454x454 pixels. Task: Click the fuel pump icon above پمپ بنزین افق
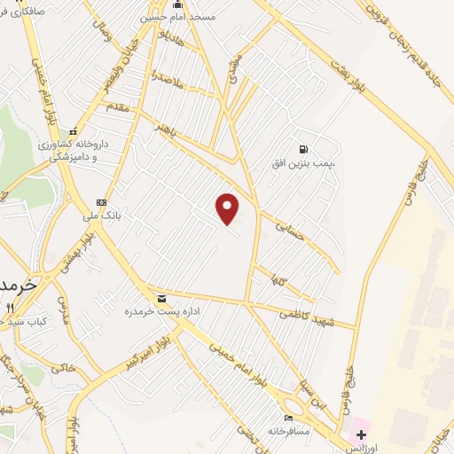click(x=304, y=150)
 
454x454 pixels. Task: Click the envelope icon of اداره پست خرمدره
click(x=161, y=299)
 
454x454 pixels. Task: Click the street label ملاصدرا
click(x=166, y=76)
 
